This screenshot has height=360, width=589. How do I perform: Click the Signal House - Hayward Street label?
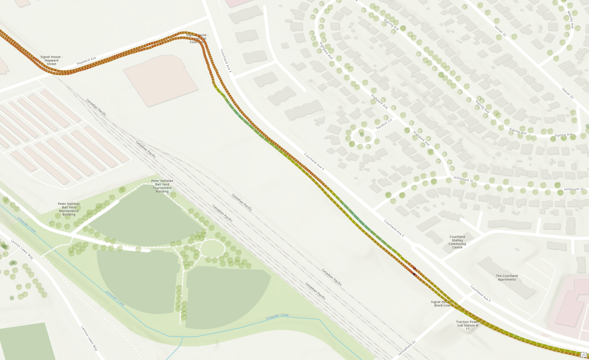[x=51, y=60]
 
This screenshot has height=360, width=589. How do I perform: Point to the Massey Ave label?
[x=570, y=20]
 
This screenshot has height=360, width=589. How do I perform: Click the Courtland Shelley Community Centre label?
[x=457, y=241]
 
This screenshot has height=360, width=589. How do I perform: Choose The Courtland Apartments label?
[x=507, y=278]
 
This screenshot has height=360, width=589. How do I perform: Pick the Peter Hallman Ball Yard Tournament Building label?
[x=162, y=186]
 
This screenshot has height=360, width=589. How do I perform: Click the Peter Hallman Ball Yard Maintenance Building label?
[x=69, y=209]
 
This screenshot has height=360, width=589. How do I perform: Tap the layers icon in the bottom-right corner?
[x=584, y=355]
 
